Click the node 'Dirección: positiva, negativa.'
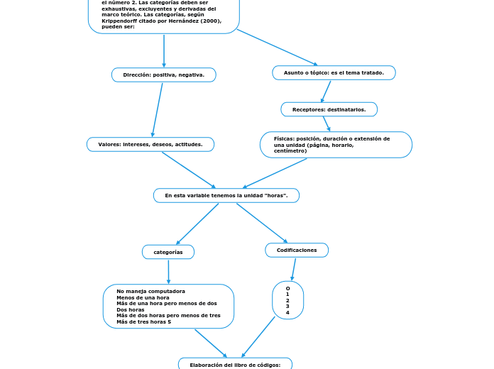point(163,75)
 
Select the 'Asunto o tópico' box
point(334,72)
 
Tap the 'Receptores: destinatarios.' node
point(329,109)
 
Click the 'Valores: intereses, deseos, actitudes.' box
point(150,144)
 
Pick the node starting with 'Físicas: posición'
point(336,145)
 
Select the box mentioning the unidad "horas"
point(226,195)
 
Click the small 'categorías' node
point(168,252)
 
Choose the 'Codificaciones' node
point(297,250)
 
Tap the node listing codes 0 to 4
point(287,300)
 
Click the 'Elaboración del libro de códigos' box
point(235,364)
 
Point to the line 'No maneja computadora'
point(150,291)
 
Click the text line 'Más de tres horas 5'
point(143,321)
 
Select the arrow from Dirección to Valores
point(158,109)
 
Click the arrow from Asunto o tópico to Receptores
point(326,91)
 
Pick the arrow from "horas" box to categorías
point(198,224)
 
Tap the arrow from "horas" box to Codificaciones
point(261,223)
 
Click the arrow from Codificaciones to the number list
point(292,269)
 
